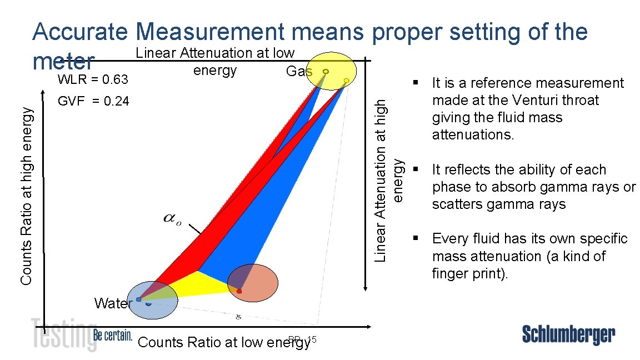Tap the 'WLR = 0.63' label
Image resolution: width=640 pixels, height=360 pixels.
pyautogui.click(x=93, y=79)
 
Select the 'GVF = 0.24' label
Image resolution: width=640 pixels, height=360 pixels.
pyautogui.click(x=93, y=101)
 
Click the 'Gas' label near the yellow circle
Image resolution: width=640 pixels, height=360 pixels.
pyautogui.click(x=299, y=71)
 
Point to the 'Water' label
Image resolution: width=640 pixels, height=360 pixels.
pyautogui.click(x=113, y=303)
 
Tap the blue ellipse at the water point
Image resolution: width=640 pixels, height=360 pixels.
pyautogui.click(x=153, y=299)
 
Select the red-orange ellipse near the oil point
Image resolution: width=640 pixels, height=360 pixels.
pyautogui.click(x=252, y=283)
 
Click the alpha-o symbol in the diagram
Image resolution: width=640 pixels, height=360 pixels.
pyautogui.click(x=172, y=220)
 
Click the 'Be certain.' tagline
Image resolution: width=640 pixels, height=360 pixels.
pyautogui.click(x=113, y=336)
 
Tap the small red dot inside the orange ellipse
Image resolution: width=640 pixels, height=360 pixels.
pyautogui.click(x=239, y=291)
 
